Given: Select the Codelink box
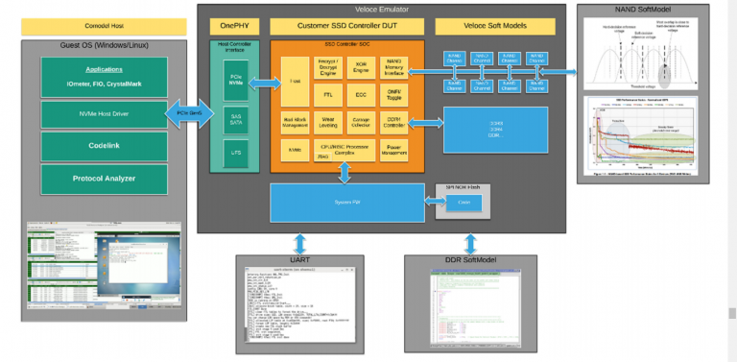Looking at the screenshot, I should [x=104, y=147].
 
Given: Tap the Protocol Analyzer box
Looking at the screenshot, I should [x=104, y=179].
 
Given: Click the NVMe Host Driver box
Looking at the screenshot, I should [x=104, y=114].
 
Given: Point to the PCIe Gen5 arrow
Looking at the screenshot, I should [x=189, y=114].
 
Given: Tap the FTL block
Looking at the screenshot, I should [x=328, y=95].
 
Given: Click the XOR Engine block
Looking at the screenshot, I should [x=361, y=66].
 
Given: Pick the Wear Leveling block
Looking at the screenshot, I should [x=328, y=122].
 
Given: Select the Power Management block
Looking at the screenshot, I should [x=394, y=151].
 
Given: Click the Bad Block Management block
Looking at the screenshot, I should [x=296, y=122].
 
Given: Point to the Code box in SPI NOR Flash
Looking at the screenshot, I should [x=463, y=203].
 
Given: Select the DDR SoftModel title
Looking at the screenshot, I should [x=469, y=260].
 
